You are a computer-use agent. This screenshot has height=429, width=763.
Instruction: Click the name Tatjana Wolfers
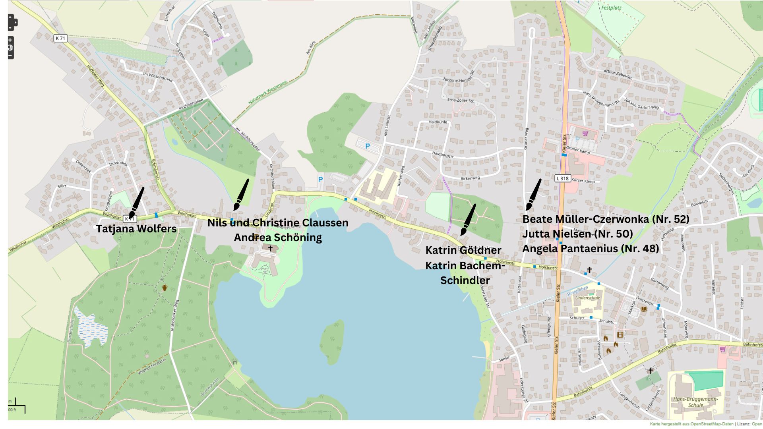point(136,229)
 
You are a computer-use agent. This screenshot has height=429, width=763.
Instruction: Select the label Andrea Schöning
point(277,238)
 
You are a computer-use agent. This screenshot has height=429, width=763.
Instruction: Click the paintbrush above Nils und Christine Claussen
point(241,195)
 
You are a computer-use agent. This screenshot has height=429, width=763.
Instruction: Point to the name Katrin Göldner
point(463,250)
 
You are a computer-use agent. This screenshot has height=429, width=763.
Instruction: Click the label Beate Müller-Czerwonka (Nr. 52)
point(605,219)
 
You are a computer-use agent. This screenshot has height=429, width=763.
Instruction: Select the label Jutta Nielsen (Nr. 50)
point(577,234)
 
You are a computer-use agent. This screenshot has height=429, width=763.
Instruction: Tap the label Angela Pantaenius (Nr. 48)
point(590,249)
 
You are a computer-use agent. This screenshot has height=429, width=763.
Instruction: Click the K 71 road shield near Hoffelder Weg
point(60,38)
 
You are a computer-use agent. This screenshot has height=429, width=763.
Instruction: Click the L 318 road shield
point(562,178)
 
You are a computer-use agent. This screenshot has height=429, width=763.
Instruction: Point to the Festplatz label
point(611,8)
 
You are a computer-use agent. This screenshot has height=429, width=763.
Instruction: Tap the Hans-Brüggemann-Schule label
point(695,402)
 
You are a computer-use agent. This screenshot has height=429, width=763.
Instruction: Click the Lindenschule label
point(587,298)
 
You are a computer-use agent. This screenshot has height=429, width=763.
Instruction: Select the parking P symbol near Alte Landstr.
point(367,146)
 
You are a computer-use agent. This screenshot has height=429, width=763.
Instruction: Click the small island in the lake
point(332,342)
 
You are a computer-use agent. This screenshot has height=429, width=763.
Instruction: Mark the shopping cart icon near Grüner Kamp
point(585,133)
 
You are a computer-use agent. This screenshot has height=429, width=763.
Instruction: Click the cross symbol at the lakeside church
point(270,248)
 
